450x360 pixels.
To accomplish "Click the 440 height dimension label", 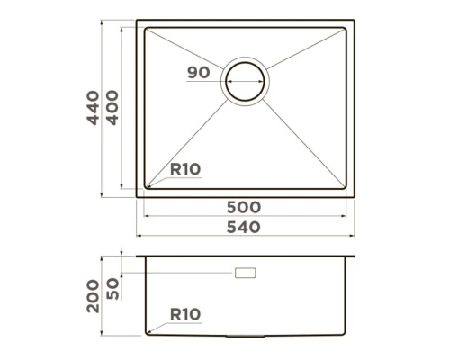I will (93, 108).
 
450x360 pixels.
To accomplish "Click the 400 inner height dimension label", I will (112, 108).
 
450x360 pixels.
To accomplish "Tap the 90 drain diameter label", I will (199, 73).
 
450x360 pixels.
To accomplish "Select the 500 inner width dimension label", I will (244, 207).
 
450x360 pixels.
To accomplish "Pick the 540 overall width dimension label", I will (244, 228).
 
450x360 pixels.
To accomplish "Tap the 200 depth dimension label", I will (93, 295).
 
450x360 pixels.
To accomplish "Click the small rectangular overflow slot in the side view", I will (245, 271).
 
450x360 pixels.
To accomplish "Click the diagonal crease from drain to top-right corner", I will (306, 52).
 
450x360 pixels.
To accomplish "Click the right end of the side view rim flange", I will (358, 257).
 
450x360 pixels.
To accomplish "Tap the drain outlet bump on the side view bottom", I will (245, 337).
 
